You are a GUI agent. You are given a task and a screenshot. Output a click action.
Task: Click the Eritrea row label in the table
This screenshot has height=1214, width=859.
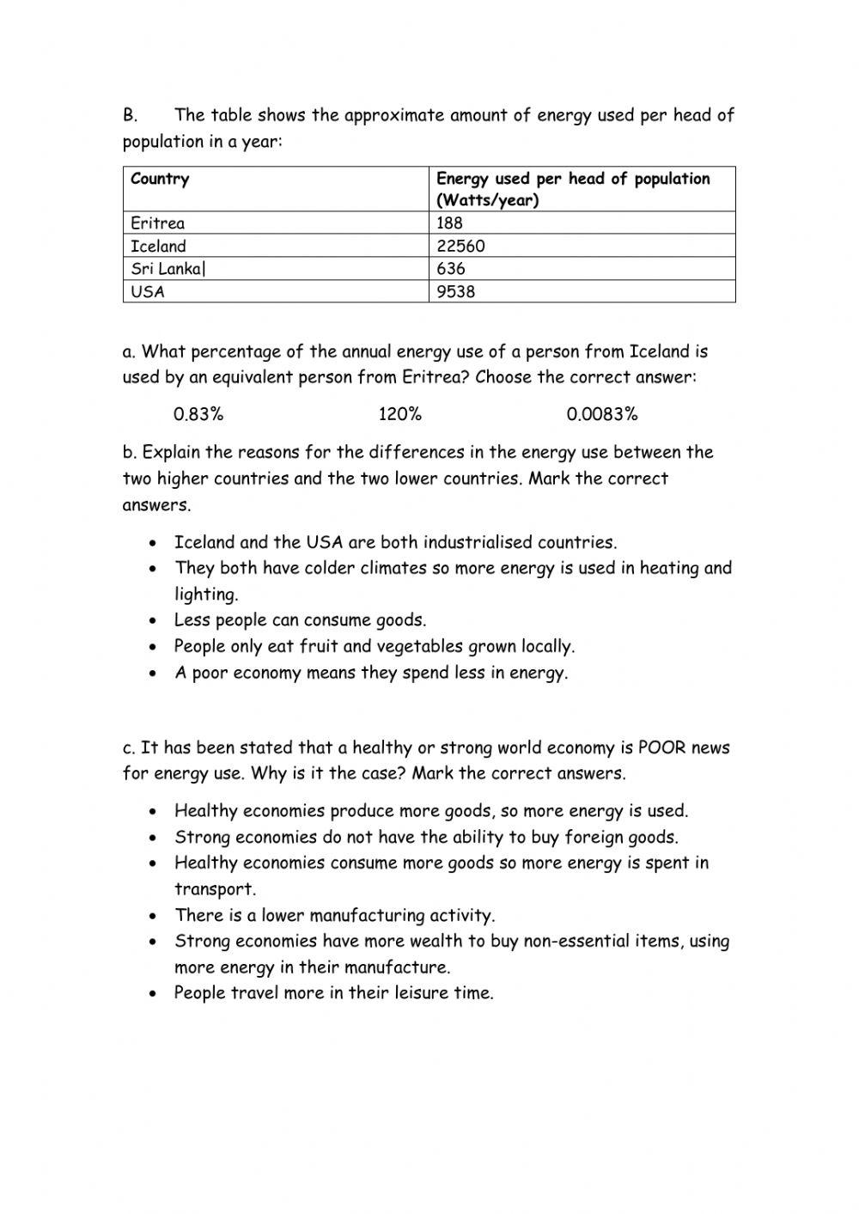[157, 223]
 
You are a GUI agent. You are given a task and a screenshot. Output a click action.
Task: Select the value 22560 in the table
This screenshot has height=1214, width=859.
[460, 247]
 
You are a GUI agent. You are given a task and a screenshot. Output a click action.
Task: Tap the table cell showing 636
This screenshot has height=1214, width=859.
[451, 269]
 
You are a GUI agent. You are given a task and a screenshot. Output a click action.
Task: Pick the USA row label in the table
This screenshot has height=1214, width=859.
[148, 292]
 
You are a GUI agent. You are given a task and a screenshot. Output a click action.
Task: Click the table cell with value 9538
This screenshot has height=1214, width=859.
[455, 292]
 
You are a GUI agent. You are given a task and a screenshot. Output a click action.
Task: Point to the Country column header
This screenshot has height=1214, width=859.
[160, 180]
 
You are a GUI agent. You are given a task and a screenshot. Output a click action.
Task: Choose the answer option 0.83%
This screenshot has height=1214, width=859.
[198, 415]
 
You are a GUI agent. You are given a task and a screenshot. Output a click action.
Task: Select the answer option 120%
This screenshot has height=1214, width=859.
[400, 415]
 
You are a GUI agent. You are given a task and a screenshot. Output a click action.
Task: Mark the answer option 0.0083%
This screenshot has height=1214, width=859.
[602, 415]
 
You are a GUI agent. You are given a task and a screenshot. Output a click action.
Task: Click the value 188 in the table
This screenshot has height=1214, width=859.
[449, 223]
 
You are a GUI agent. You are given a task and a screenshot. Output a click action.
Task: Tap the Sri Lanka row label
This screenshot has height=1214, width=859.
[168, 269]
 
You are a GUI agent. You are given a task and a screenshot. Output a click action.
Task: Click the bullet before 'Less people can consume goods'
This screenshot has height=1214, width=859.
[152, 621]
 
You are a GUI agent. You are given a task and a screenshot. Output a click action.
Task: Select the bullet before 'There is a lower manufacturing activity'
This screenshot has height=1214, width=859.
[152, 916]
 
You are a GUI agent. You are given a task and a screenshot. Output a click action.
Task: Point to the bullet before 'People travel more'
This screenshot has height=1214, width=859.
[152, 994]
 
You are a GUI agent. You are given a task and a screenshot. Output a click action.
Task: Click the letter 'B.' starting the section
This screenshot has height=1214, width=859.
[130, 115]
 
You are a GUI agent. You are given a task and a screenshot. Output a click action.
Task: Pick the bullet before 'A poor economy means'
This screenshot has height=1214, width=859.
[152, 674]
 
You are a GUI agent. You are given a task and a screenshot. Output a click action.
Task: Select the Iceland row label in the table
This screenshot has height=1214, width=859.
[158, 247]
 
